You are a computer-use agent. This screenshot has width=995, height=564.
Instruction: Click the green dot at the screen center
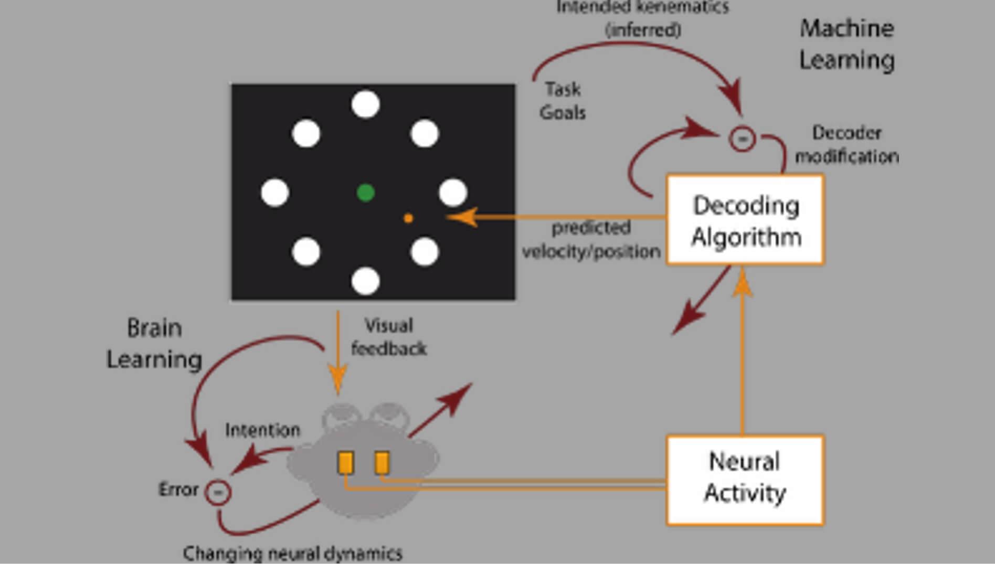coord(365,193)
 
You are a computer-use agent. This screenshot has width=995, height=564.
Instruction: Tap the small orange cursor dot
coord(408,218)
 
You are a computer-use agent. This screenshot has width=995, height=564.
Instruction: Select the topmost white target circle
coord(365,104)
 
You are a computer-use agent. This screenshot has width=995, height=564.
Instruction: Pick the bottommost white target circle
coord(365,281)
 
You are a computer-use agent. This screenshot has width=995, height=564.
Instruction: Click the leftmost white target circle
coord(274,193)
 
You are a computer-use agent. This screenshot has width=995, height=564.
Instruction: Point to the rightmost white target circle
coord(453,193)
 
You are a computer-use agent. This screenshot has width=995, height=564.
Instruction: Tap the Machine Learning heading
coord(846,44)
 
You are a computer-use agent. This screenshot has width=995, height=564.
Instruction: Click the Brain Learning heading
coord(154,344)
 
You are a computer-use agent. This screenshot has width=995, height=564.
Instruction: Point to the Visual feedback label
coord(388,337)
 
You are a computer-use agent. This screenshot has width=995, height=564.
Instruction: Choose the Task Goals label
coord(563,101)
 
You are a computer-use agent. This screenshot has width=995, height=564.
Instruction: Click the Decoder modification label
coord(846,144)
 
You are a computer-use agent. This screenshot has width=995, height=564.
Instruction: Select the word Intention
coord(262,430)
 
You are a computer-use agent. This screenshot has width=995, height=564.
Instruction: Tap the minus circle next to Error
coord(218,492)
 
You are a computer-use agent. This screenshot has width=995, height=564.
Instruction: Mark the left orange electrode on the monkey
coord(345,463)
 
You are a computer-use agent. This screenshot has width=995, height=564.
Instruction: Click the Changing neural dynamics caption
coord(292,553)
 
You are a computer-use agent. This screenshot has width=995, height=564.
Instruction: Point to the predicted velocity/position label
coord(591,240)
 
